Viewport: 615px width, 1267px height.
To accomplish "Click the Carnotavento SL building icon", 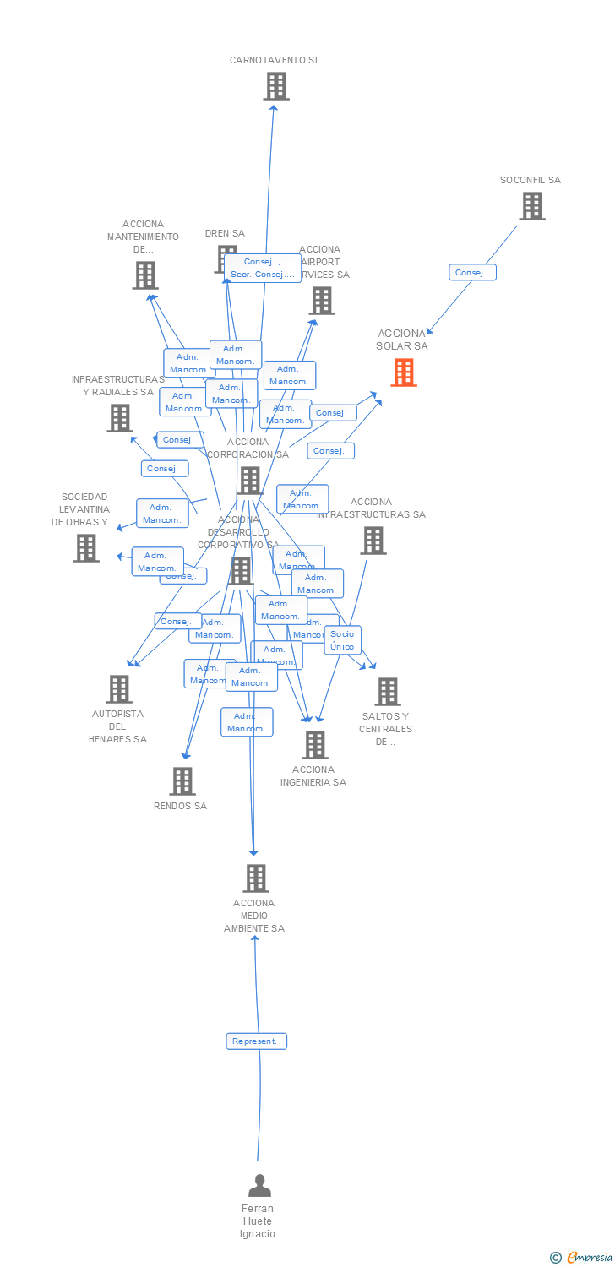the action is coord(275,86).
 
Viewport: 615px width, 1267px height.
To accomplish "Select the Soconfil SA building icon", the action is coord(531,206).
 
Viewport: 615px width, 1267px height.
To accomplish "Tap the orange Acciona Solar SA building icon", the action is coord(404,372).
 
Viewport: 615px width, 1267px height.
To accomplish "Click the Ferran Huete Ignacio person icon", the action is coord(259,1185).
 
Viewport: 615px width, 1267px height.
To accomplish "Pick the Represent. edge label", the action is coord(256,1041).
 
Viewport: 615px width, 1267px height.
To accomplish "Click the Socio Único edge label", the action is coord(342,640).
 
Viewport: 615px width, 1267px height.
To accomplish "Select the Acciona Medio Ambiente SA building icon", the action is coord(256,878).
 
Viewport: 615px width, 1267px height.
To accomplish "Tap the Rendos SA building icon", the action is coord(182,781).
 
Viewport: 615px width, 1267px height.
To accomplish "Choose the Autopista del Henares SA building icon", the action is coord(119,689).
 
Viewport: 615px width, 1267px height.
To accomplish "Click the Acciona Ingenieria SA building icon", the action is coord(315,745).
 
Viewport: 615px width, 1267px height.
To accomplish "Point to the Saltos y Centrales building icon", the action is coord(387,692).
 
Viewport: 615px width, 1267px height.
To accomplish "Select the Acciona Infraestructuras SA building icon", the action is coord(373,541).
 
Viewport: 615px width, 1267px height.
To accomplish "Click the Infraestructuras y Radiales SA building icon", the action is coord(120,418).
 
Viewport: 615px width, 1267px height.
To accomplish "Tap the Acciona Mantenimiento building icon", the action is coord(145,275).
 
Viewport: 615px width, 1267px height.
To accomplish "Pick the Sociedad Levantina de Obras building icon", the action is coord(86,548).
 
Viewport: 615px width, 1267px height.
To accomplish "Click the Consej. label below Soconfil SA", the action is coord(472,272).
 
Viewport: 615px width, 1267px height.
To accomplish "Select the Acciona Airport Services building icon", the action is coord(322,301).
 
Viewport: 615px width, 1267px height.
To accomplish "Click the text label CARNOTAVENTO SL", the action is coord(275,60).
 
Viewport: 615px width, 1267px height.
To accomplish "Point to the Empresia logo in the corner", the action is coord(582,1258).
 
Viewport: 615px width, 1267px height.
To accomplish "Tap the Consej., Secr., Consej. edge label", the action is coord(262,268).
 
